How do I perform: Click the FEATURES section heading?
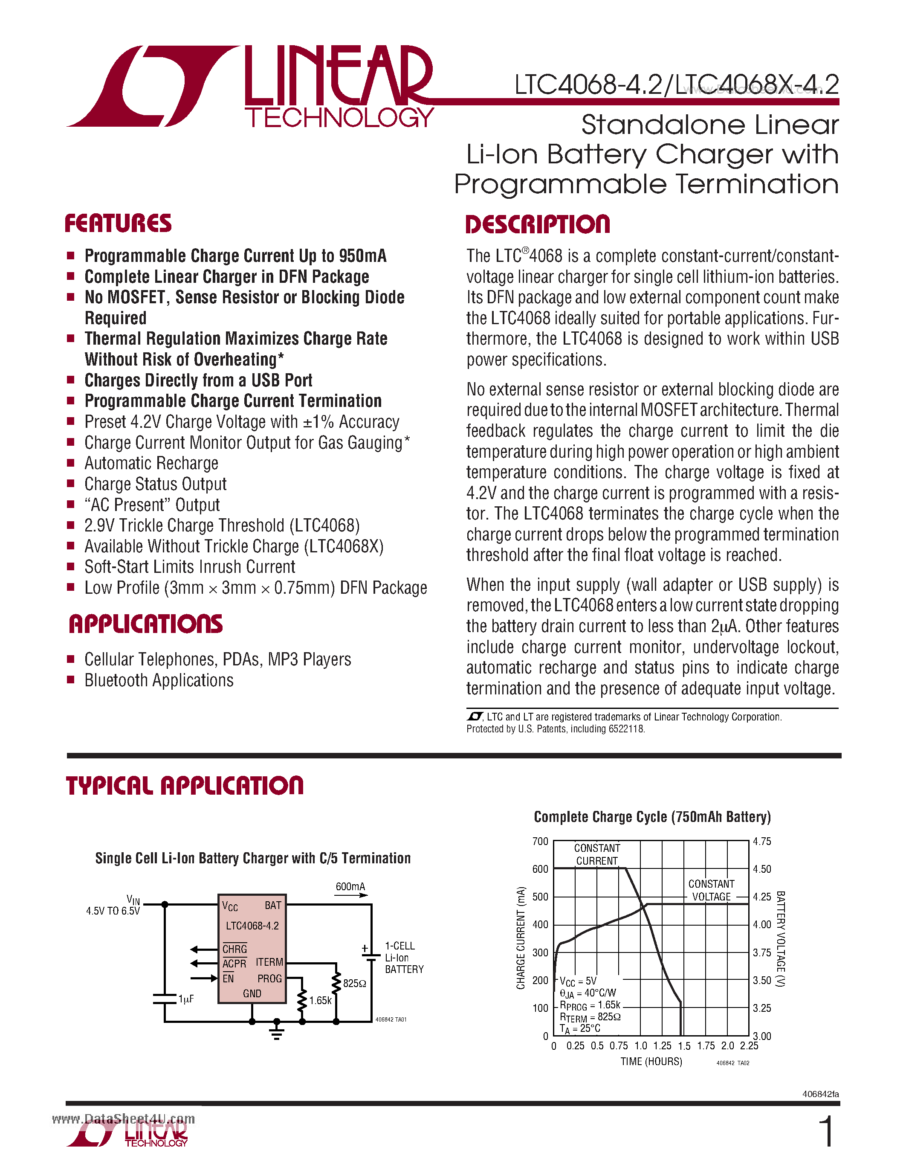pyautogui.click(x=118, y=224)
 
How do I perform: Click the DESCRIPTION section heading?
pyautogui.click(x=537, y=224)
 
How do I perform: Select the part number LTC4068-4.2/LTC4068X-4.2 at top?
pyautogui.click(x=676, y=85)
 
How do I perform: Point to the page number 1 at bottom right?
pyautogui.click(x=827, y=1132)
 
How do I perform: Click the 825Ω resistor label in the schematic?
pyautogui.click(x=354, y=984)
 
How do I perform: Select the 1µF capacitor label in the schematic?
pyautogui.click(x=186, y=999)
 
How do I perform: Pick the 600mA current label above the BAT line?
pyautogui.click(x=350, y=887)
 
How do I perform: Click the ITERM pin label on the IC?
pyautogui.click(x=269, y=962)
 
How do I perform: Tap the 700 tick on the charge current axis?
pyautogui.click(x=540, y=842)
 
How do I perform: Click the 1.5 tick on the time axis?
pyautogui.click(x=684, y=1046)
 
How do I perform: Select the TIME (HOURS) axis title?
pyautogui.click(x=651, y=1062)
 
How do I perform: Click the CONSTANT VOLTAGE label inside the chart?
pyautogui.click(x=711, y=891)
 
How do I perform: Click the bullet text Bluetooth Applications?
pyautogui.click(x=159, y=680)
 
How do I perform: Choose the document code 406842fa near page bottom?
pyautogui.click(x=820, y=1094)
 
